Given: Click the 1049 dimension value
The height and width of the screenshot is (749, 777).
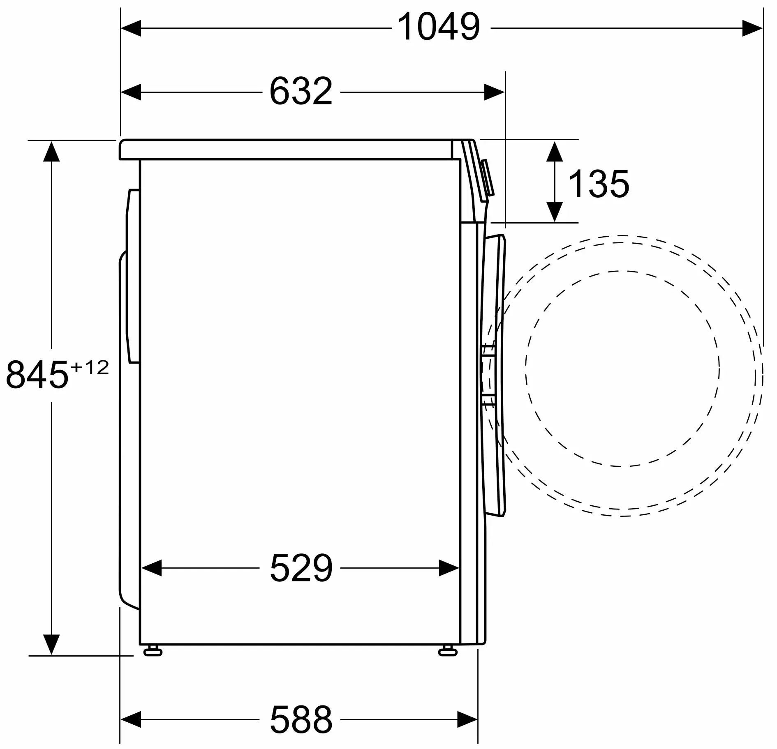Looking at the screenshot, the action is pyautogui.click(x=439, y=27).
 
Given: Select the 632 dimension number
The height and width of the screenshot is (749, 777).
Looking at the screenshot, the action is pyautogui.click(x=301, y=91).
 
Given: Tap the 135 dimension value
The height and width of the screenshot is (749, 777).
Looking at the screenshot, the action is pyautogui.click(x=599, y=184).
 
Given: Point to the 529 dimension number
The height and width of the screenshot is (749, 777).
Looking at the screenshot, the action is pyautogui.click(x=301, y=567).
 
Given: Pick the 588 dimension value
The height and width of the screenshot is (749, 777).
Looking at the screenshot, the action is pyautogui.click(x=301, y=719).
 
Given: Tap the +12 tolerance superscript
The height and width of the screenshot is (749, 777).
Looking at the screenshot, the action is pyautogui.click(x=90, y=367).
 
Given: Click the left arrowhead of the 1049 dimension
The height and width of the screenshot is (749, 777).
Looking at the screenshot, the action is pyautogui.click(x=131, y=28).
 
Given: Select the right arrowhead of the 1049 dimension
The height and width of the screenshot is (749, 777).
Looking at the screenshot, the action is pyautogui.click(x=752, y=28).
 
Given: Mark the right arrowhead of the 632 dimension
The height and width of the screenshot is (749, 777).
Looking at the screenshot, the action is pyautogui.click(x=494, y=92).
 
